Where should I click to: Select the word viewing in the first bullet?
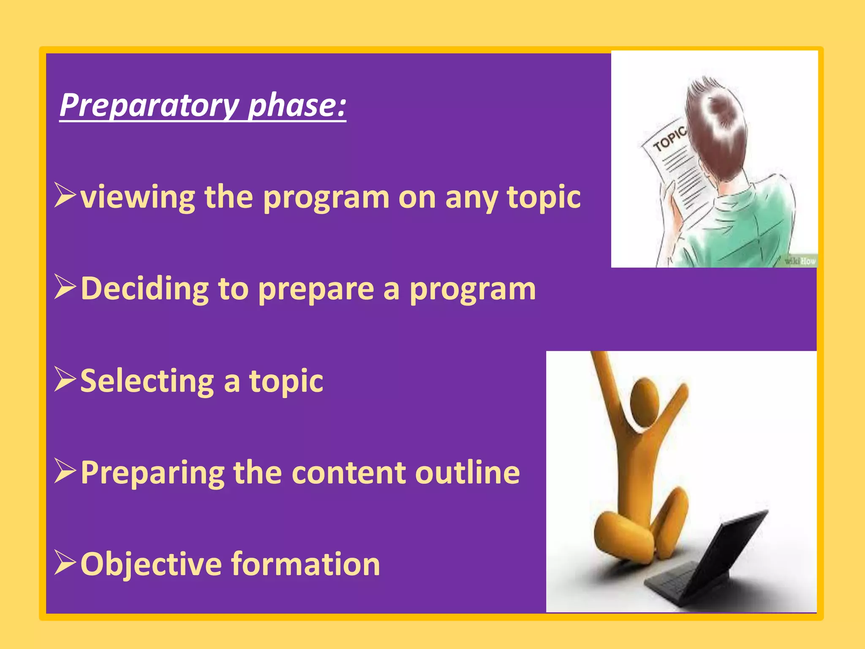pyautogui.click(x=138, y=197)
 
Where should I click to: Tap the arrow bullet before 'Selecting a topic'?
pyautogui.click(x=65, y=379)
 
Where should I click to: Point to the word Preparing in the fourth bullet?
pyautogui.click(x=152, y=473)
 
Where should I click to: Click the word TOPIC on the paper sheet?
pyautogui.click(x=669, y=139)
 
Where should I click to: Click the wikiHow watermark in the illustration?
pyautogui.click(x=800, y=261)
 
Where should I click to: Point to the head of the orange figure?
pyautogui.click(x=645, y=401)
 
